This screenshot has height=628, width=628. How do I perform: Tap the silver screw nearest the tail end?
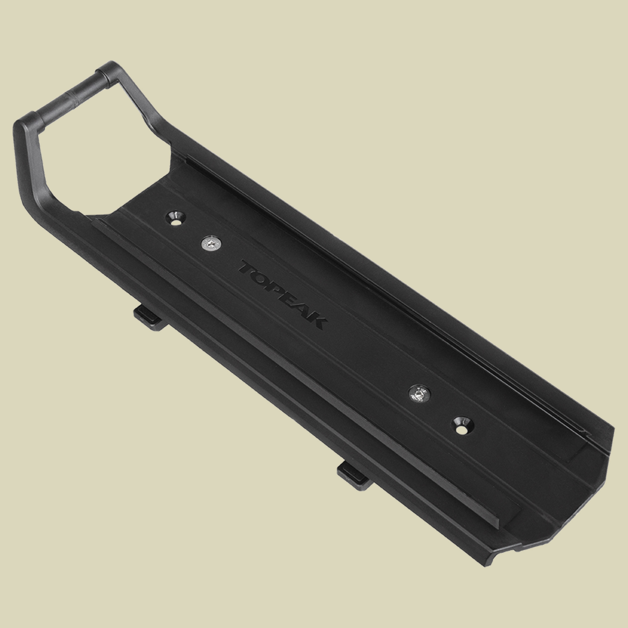click(x=419, y=395)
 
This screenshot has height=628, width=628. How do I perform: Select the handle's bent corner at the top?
click(x=111, y=68)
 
